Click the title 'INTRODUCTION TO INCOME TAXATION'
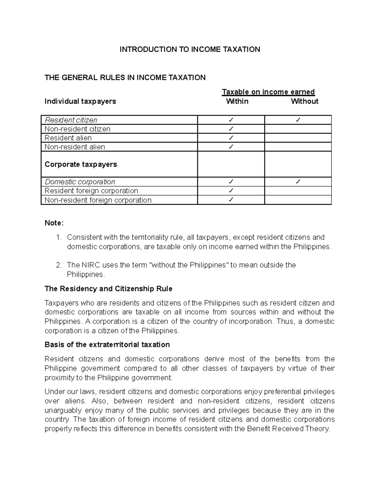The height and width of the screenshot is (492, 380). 190,49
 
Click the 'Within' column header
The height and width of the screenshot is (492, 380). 237,101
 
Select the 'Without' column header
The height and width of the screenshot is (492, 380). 304,101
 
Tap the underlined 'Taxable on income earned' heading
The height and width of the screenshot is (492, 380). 268,92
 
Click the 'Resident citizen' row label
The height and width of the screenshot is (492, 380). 71,120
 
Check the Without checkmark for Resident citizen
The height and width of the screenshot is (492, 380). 298,120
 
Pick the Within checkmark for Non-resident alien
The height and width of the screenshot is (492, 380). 231,147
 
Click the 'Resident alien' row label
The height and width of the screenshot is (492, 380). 68,138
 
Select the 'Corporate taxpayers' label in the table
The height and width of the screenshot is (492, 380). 81,164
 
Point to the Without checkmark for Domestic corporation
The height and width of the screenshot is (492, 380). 298,182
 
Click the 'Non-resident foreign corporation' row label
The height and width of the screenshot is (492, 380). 98,200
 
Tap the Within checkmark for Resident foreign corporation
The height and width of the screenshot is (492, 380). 231,191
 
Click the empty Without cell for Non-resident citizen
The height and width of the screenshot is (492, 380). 298,129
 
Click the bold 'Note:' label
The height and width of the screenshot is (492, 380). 54,223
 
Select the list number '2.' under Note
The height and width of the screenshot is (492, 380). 59,265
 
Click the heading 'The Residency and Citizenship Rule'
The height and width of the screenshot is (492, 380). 108,289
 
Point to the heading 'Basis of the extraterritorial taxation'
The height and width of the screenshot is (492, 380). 107,345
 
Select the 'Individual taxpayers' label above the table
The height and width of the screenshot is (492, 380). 80,101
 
